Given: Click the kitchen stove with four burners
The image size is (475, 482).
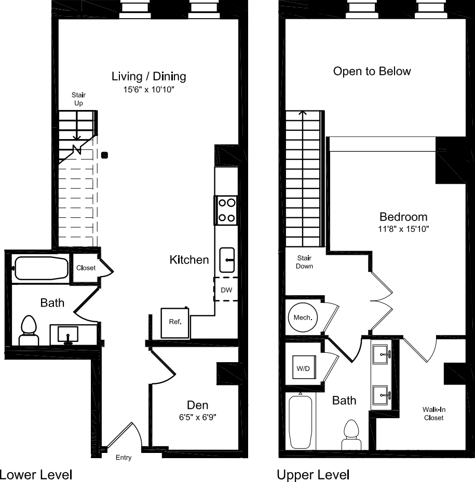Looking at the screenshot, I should [x=226, y=210].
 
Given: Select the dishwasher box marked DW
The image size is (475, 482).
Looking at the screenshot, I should [x=226, y=290].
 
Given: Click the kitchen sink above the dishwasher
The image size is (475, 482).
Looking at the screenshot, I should [x=227, y=260].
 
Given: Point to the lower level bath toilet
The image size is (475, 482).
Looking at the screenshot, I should [x=29, y=330].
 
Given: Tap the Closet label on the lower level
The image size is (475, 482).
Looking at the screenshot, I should [x=86, y=268].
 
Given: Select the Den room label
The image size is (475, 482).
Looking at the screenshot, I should [x=198, y=405].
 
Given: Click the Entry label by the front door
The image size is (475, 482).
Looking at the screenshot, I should [x=124, y=458].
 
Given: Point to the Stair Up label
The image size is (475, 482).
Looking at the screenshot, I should [x=78, y=99].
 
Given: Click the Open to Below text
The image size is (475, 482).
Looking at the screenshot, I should [x=372, y=71].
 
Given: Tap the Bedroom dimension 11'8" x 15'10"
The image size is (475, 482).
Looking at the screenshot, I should [x=403, y=228].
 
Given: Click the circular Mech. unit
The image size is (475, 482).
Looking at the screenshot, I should [x=302, y=317].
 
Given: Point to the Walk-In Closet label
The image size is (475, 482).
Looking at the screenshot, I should [x=433, y=414].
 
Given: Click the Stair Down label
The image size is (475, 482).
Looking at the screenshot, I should [x=305, y=261].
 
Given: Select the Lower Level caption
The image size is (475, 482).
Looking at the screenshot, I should [x=36, y=474].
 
